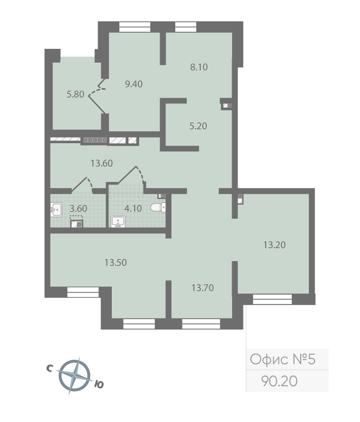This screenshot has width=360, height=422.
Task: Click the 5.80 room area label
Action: coord(75,94)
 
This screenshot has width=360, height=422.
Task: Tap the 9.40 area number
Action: coord(134,84)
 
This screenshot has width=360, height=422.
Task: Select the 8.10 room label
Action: coord(199,67)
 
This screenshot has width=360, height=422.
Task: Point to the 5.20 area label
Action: coord(198,126)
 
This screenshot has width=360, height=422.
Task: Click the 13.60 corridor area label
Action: coord(102,164)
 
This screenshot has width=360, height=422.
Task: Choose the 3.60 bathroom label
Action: coord(79,209)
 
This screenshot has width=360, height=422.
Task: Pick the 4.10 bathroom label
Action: coord(133,209)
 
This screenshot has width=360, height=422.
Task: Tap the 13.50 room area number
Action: coord(116,263)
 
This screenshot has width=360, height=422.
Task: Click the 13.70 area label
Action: coord(203,288)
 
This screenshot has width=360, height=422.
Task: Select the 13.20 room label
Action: coord(275,245)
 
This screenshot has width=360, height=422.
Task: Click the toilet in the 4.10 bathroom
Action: coord(158,208)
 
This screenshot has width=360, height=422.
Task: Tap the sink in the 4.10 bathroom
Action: coord(118,222)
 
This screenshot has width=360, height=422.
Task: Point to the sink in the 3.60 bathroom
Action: coord(56,210)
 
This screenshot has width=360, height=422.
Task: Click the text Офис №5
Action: coord(283,359)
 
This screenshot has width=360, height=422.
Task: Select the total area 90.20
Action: coord(279,381)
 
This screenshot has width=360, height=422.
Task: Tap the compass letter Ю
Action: coord(99,385)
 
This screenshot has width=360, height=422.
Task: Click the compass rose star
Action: coord(74,376)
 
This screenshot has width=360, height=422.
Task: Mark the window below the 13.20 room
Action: coord(272,299)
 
